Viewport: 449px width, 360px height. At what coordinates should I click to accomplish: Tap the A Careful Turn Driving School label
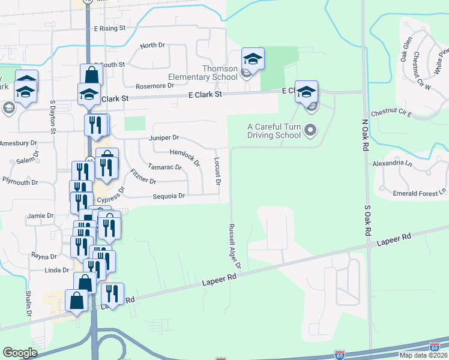pos(274,130)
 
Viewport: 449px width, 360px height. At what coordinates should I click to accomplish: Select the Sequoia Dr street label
pos(169,196)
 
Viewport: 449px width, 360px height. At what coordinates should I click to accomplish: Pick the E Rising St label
pos(109,28)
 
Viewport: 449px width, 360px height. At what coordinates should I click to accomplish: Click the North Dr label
pos(152,46)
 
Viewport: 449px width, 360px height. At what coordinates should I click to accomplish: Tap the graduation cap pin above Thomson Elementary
pos(253,59)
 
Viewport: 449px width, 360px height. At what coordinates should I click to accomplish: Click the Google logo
pos(20,353)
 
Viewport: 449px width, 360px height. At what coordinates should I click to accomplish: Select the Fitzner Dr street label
pos(143,178)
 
